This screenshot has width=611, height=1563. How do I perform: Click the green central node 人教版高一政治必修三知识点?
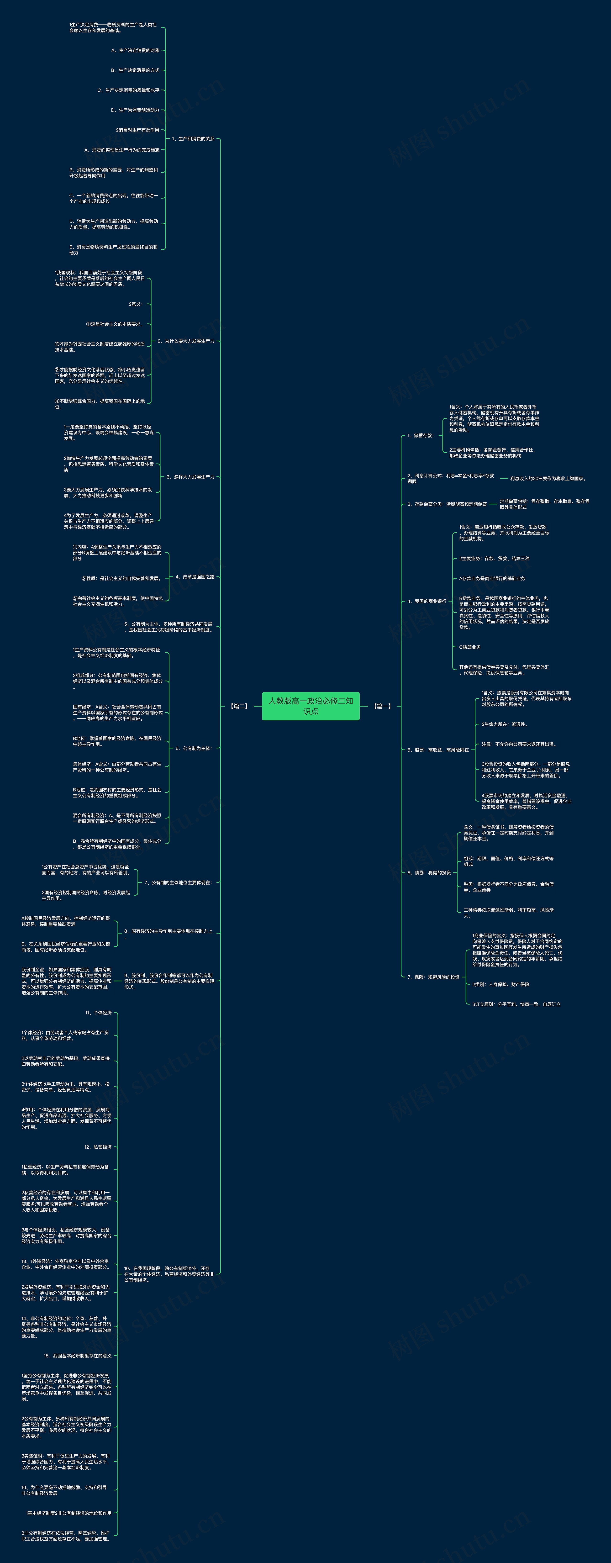[311, 706]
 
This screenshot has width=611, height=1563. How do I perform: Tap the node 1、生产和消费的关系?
[193, 139]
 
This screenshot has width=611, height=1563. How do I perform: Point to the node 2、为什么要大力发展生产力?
[186, 341]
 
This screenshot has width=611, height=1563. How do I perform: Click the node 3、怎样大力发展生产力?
[190, 477]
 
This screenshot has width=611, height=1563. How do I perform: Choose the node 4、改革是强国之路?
[195, 577]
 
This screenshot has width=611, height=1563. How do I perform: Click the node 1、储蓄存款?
[420, 435]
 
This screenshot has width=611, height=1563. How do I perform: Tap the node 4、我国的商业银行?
[427, 601]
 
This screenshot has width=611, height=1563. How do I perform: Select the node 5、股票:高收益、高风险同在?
[438, 750]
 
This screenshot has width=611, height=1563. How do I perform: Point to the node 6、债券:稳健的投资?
[429, 872]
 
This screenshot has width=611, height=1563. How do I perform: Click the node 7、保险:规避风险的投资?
[433, 977]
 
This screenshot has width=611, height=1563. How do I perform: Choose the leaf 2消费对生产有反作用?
[137, 130]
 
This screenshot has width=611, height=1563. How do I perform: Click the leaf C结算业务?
[470, 647]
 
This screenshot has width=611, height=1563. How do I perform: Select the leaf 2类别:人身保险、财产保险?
[500, 984]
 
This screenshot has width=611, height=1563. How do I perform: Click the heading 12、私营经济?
[98, 1147]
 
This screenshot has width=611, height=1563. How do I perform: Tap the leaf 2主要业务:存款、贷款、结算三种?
[494, 558]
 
